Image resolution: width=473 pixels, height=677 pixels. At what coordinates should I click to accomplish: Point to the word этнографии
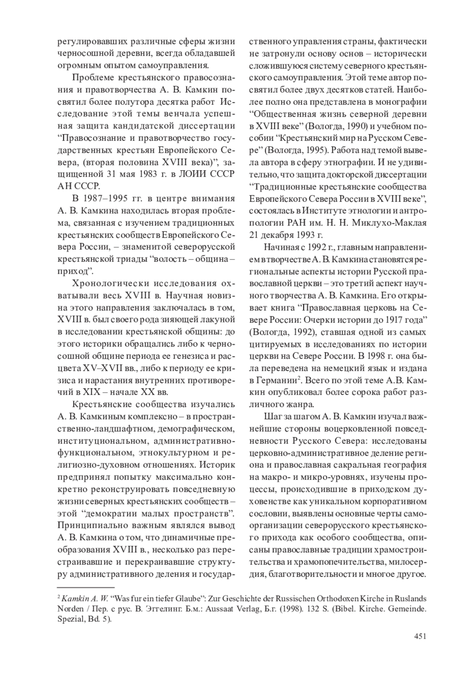[346, 162]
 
